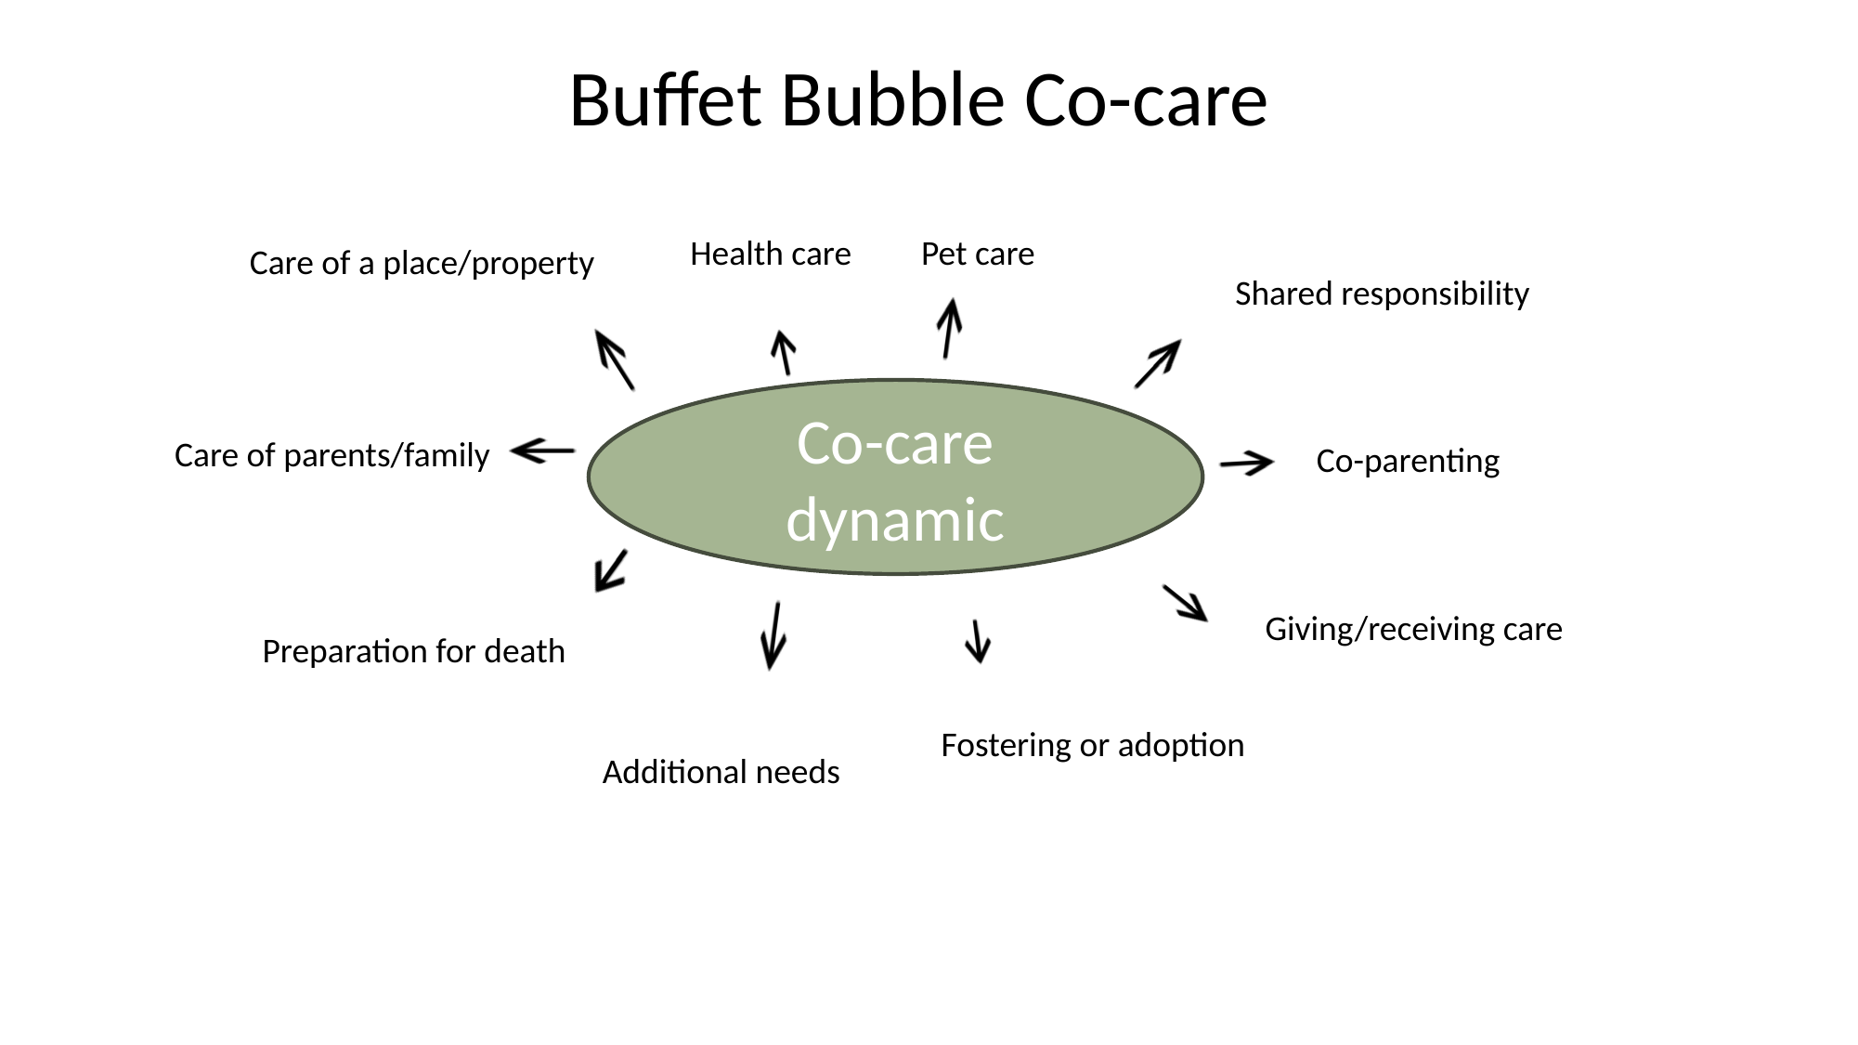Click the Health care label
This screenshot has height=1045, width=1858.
(770, 254)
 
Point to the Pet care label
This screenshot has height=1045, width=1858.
(977, 254)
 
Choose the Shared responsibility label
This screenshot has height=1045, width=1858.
(1381, 294)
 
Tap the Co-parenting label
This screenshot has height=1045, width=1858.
(1407, 461)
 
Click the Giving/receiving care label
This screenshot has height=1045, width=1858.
(1412, 629)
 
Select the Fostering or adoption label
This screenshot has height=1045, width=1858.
(1092, 745)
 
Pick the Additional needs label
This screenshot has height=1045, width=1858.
(721, 772)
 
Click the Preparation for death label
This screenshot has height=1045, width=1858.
(413, 651)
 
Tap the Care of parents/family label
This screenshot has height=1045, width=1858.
(331, 455)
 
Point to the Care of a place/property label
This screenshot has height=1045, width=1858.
(422, 263)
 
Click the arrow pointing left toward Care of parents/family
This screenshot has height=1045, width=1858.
(543, 451)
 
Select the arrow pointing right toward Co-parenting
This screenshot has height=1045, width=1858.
(1246, 463)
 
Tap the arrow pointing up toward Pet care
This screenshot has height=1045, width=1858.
(948, 328)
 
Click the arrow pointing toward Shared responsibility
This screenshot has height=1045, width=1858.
(1158, 363)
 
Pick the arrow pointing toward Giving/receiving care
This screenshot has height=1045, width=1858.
(1185, 603)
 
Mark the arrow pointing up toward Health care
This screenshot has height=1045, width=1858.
(784, 353)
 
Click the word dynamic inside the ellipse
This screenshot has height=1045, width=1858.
(895, 519)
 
